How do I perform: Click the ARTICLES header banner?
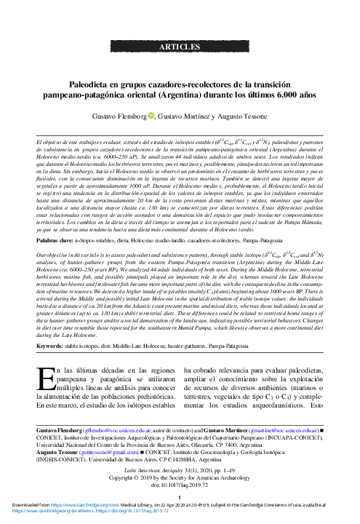180,49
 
